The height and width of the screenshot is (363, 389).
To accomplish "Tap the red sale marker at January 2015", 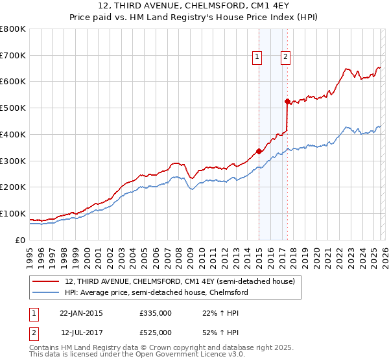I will pyautogui.click(x=259, y=152).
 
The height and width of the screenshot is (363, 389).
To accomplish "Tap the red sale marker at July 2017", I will pyautogui.click(x=287, y=101).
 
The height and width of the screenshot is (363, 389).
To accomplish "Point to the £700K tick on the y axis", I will pyautogui.click(x=13, y=55).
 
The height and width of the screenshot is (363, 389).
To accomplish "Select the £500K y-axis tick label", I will pyautogui.click(x=13, y=108).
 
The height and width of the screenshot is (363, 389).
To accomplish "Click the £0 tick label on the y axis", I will pyautogui.click(x=21, y=240).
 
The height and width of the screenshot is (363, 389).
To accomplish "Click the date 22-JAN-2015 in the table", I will pyautogui.click(x=81, y=313).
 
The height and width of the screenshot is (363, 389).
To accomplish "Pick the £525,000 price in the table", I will pyautogui.click(x=156, y=333).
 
